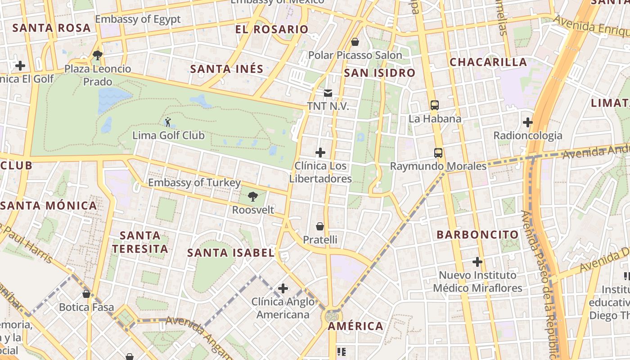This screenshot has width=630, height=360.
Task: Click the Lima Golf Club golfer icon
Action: [x=168, y=121]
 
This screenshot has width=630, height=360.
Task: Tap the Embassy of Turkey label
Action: [x=194, y=183]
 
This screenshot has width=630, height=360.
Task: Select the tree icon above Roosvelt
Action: [x=253, y=196]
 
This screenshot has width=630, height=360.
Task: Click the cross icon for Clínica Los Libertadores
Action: [x=320, y=153]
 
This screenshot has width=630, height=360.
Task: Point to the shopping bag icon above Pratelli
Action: [x=320, y=226]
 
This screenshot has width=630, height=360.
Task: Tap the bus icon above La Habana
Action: [x=435, y=105]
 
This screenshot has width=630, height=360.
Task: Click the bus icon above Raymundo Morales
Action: [x=438, y=153]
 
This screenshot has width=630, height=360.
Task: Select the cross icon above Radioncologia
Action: [x=528, y=122]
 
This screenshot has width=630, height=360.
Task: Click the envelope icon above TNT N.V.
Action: [x=328, y=93]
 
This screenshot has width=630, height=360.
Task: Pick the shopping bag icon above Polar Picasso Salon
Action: [x=355, y=42]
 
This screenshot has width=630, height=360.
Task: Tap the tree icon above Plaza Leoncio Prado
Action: [x=97, y=55]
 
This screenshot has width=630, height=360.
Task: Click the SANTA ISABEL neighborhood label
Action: [x=231, y=253]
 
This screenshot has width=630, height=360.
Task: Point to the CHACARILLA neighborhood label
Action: [x=488, y=62]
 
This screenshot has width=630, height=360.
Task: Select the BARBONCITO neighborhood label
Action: [x=477, y=234]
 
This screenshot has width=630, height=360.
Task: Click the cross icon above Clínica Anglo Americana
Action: [x=283, y=288]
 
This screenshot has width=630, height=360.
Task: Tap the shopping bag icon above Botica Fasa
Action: [x=86, y=294]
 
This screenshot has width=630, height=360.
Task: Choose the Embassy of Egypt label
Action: [x=138, y=19]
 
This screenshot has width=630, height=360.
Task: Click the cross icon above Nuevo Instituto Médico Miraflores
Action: [x=477, y=261]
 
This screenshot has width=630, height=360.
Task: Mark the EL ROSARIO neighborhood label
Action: [x=272, y=30]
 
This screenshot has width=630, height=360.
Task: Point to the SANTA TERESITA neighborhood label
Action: [x=140, y=242]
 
